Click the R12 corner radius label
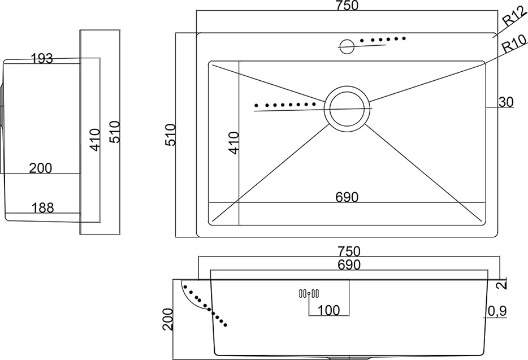pyautogui.click(x=514, y=16)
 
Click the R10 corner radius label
pyautogui.click(x=514, y=44)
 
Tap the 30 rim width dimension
pyautogui.click(x=506, y=102)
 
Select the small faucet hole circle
pyautogui.click(x=347, y=46)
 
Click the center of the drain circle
pyautogui.click(x=347, y=109)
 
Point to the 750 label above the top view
pyautogui.click(x=347, y=6)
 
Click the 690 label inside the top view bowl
pyautogui.click(x=347, y=197)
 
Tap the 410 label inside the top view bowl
pyautogui.click(x=233, y=143)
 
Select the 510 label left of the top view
pyautogui.click(x=170, y=135)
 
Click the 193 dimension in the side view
pyautogui.click(x=42, y=59)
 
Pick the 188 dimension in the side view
pyautogui.click(x=43, y=208)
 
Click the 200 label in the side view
pyautogui.click(x=41, y=168)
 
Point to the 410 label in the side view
pyautogui.click(x=96, y=140)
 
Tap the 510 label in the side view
pyautogui.click(x=115, y=132)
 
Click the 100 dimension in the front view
pyautogui.click(x=328, y=310)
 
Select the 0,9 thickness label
pyautogui.click(x=497, y=311)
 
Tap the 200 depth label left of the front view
pyautogui.click(x=168, y=319)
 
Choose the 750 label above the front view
pyautogui.click(x=349, y=251)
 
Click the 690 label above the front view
pyautogui.click(x=349, y=265)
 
